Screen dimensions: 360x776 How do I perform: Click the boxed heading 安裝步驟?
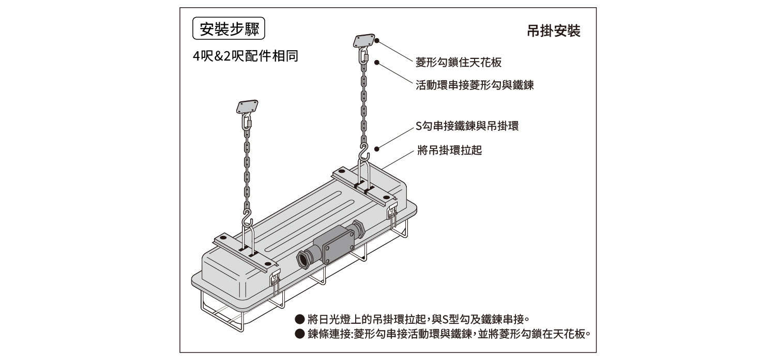tap(228, 29)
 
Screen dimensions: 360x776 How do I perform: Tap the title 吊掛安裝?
tap(554, 31)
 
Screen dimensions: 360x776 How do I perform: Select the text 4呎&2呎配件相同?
tap(246, 56)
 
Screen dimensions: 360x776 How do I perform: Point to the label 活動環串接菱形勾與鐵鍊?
tap(475, 85)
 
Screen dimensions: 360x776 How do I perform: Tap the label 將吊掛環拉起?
tap(449, 151)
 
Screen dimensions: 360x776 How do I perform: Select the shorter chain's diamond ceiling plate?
tap(247, 107)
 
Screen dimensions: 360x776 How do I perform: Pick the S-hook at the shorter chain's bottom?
tap(248, 217)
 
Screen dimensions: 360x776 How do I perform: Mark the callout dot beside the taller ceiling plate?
tap(377, 40)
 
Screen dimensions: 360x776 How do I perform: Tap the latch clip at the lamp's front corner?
tap(275, 279)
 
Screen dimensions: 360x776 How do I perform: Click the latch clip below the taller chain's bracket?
tap(392, 212)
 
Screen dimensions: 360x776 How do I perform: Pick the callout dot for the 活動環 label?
tap(377, 63)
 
